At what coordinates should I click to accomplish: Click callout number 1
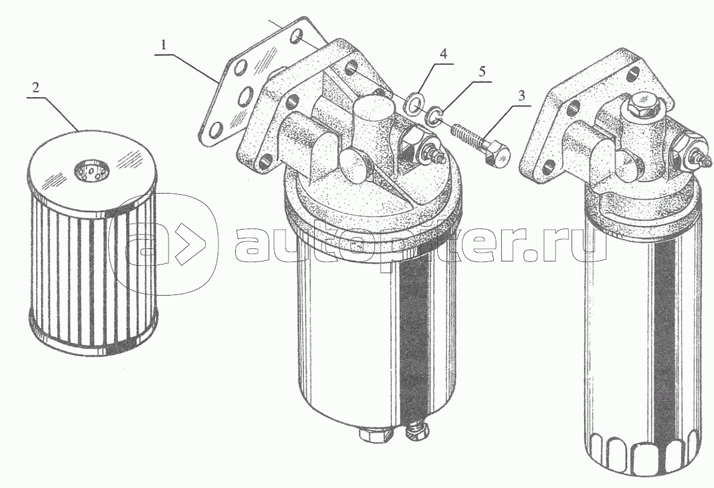[164, 45]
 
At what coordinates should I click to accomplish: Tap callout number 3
[521, 96]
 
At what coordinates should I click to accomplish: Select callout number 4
[443, 54]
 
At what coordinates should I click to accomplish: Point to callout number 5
[482, 72]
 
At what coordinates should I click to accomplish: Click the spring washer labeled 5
[433, 116]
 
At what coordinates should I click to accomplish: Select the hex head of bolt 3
[498, 153]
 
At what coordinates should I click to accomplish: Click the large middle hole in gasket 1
[246, 96]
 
